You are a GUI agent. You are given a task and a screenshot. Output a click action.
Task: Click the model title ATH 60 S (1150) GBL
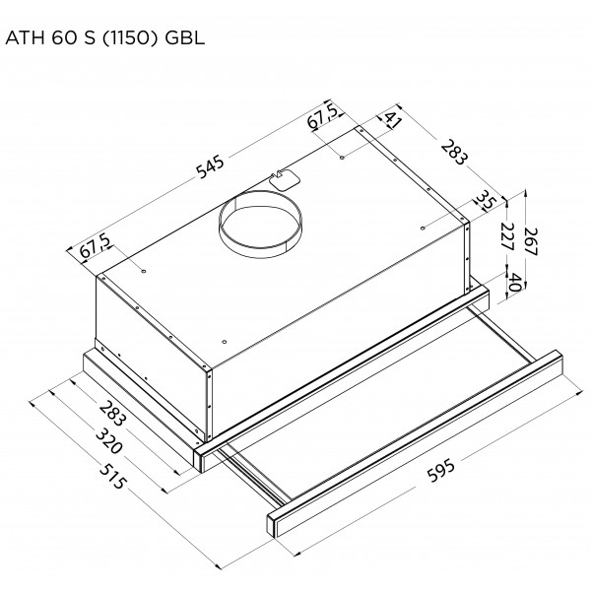click(x=105, y=38)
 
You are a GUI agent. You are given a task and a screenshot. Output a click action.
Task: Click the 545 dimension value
click(x=211, y=167)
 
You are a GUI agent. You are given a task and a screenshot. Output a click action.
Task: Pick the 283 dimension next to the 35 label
click(x=454, y=152)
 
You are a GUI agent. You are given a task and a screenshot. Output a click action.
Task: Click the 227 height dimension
click(x=507, y=236)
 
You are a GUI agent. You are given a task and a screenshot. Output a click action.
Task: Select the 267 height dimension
click(x=531, y=241)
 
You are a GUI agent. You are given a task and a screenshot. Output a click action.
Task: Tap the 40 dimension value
click(x=515, y=282)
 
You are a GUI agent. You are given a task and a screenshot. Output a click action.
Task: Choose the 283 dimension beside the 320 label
click(x=111, y=414)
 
